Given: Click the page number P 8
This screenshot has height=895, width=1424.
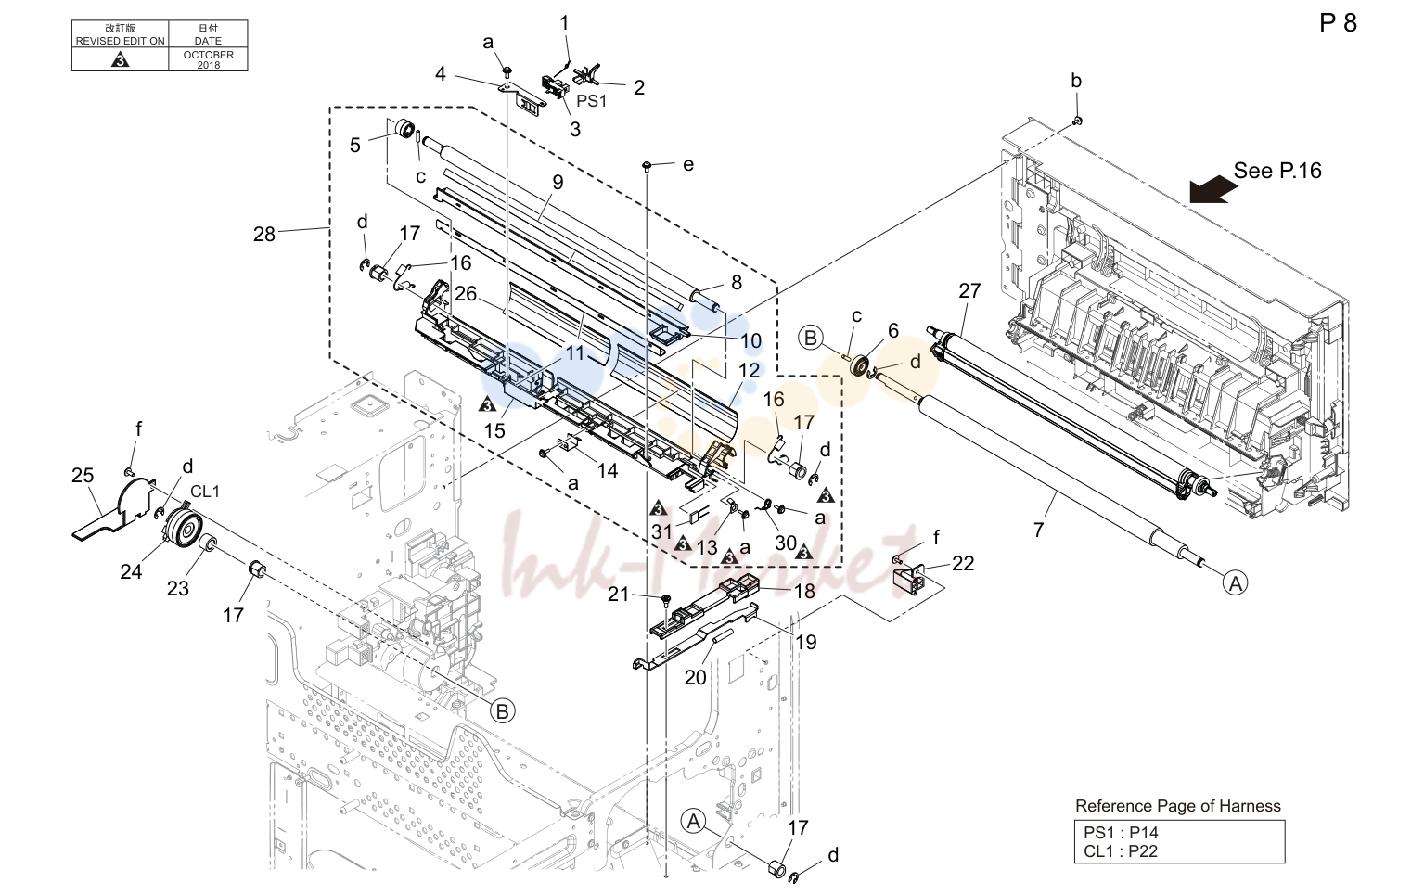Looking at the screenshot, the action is tap(1338, 23).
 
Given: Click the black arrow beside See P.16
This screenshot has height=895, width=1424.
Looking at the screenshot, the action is tap(1212, 189).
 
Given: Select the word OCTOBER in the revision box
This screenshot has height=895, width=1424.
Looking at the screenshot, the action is tap(209, 55).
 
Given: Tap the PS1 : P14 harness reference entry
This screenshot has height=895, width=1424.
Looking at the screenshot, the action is tap(1121, 832).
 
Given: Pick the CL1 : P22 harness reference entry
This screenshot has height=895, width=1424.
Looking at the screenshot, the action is tap(1121, 851).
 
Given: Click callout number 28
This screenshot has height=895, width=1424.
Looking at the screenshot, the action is tap(264, 235).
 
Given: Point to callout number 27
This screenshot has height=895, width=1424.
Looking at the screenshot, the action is tap(969, 291).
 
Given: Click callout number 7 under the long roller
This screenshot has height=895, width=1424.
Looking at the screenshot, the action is tap(1038, 530).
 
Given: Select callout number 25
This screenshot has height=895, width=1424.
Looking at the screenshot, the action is tap(83, 476).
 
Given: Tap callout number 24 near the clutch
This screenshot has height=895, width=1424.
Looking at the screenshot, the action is tap(131, 572).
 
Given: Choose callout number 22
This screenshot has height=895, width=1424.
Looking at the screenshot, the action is tap(963, 563).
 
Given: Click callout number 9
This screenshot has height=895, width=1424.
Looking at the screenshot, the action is tap(558, 183).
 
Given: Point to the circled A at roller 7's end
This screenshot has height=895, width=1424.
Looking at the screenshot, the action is tap(1235, 582).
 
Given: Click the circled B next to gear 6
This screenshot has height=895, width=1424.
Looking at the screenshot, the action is tap(811, 338).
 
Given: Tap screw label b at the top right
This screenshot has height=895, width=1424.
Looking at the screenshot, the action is tap(1076, 81).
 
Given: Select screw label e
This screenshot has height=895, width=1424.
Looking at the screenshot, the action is tap(688, 165).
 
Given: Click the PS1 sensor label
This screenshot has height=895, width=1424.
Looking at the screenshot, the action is tap(592, 101).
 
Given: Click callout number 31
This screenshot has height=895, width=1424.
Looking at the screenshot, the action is tap(661, 531).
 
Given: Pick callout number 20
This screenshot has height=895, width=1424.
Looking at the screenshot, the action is tap(696, 678).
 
